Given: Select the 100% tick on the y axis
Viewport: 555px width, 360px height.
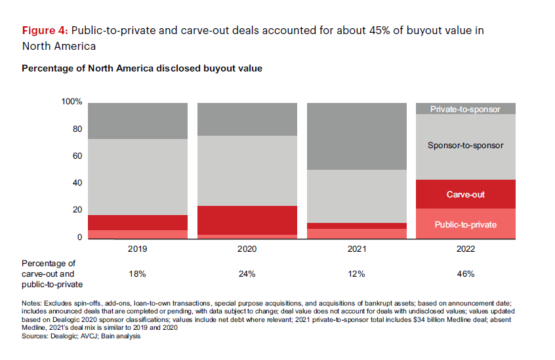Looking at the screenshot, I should coord(72,102).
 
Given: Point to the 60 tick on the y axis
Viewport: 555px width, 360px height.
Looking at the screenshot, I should coord(76,156).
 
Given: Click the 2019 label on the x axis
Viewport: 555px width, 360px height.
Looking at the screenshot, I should coord(137,249).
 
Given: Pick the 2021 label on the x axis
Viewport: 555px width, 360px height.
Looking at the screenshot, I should coord(356,249).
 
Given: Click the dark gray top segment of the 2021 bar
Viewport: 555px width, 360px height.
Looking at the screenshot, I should coord(356,136).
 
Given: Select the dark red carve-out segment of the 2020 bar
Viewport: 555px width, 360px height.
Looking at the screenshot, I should coord(247,220).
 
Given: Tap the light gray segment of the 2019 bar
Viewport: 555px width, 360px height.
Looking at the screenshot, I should coord(137,177).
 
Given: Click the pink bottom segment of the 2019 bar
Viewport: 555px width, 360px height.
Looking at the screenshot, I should coord(137,233).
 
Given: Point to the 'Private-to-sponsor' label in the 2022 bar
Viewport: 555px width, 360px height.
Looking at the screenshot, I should coord(465,110).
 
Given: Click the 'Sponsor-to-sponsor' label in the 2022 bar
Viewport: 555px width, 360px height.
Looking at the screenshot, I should coord(465,146).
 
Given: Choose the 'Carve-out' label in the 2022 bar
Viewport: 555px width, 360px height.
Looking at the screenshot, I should coord(465,195).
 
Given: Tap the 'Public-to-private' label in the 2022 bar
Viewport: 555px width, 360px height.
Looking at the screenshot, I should coord(465,224).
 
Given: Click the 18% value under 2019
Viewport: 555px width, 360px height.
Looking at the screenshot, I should coord(137,273).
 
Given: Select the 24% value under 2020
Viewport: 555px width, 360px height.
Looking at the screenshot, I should coord(247,273).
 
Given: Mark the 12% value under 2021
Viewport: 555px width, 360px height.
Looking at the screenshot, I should coord(356,273).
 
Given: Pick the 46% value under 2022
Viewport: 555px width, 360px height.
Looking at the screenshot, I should coord(465,273).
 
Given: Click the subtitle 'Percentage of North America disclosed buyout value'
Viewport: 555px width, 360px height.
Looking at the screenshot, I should coord(142,68).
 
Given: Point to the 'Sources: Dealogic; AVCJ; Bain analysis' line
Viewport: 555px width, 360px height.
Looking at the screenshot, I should coord(81,336).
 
